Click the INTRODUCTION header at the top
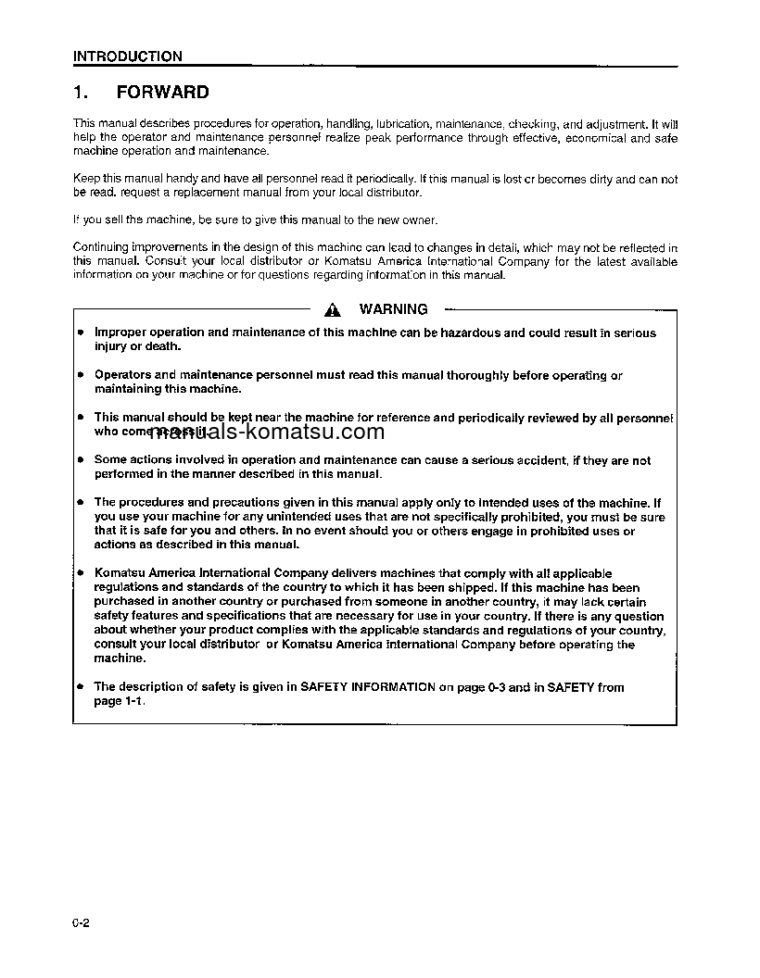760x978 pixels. pyautogui.click(x=128, y=56)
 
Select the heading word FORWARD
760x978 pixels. pyautogui.click(x=162, y=93)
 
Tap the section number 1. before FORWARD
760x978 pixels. pyautogui.click(x=80, y=93)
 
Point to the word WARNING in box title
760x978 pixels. pyautogui.click(x=393, y=309)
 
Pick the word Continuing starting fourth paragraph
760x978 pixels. pyautogui.click(x=103, y=247)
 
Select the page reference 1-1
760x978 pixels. pyautogui.click(x=133, y=701)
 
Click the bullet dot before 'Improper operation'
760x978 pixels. pyautogui.click(x=81, y=332)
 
